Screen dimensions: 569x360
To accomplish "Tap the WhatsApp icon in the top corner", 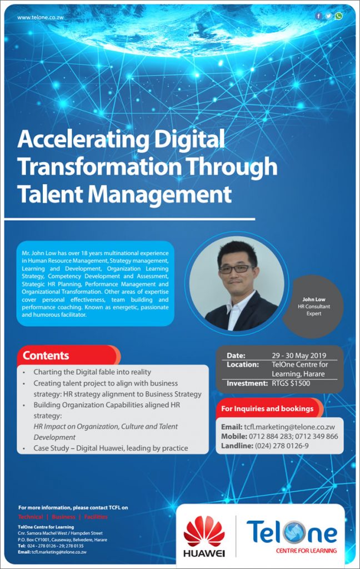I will (x=338, y=16).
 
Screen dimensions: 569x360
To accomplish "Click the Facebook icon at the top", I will (x=319, y=16).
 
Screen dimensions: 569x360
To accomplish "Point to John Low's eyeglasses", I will (x=236, y=268).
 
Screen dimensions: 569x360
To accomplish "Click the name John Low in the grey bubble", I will (x=314, y=300).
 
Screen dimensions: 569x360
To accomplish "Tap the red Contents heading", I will (x=46, y=356).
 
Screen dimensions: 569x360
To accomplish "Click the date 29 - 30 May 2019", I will (x=299, y=356).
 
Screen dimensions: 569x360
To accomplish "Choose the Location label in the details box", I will (x=243, y=365).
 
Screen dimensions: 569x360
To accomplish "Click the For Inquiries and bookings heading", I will (x=267, y=408).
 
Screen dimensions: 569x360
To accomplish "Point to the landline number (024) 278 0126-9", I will (x=282, y=446).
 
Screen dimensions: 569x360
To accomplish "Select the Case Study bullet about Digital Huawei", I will (x=111, y=448).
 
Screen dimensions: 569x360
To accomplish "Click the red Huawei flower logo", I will (x=204, y=530).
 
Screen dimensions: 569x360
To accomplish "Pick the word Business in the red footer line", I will (x=63, y=517).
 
